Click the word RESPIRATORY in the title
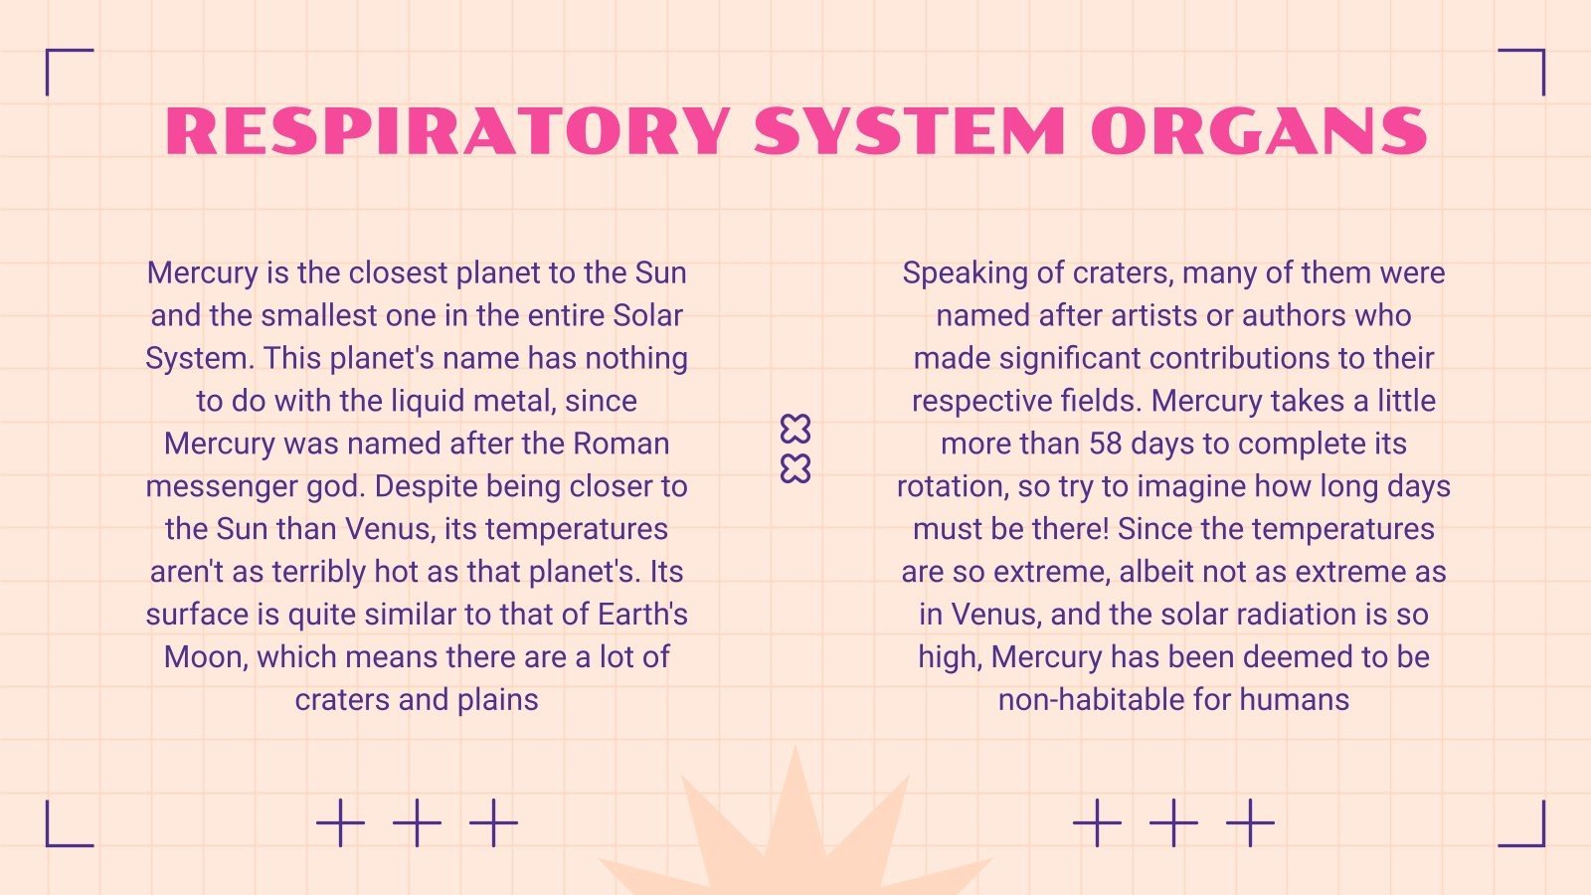(x=448, y=131)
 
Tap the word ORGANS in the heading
(x=1259, y=131)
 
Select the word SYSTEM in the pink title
(x=910, y=131)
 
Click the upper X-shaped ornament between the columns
(x=795, y=429)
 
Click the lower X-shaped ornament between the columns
(x=795, y=468)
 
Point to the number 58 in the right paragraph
(x=1105, y=444)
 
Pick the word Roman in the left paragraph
(x=621, y=444)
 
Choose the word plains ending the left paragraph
(x=498, y=701)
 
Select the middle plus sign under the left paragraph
(x=417, y=822)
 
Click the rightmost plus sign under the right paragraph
(x=1250, y=822)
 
